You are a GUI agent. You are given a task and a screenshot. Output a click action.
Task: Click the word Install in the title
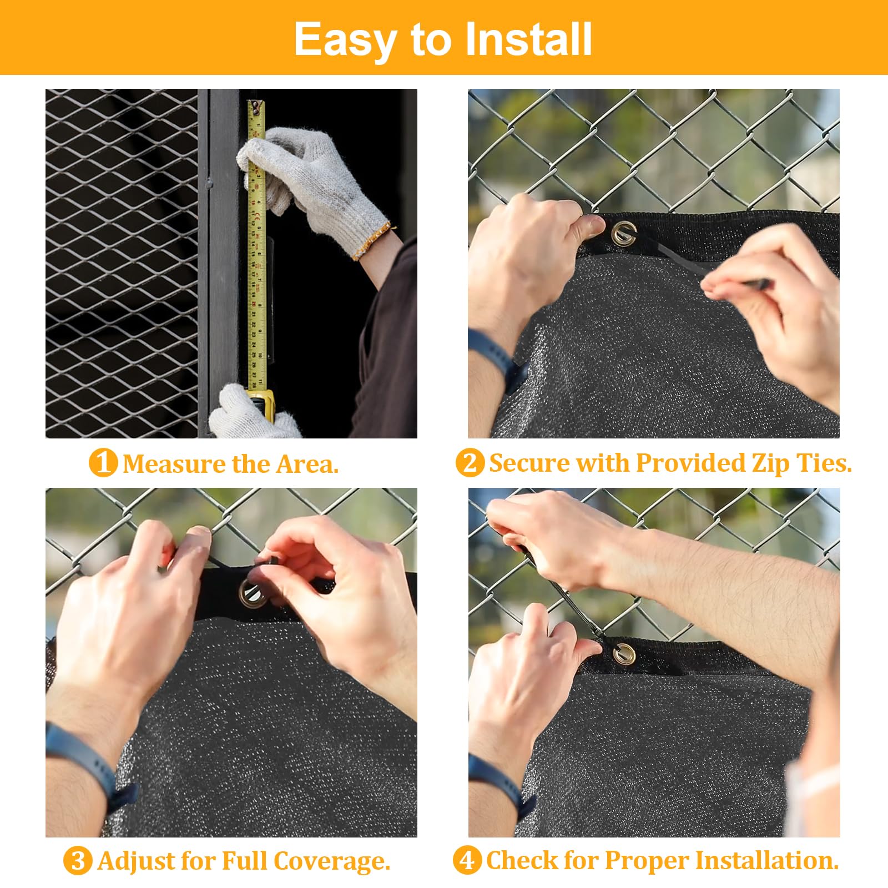point(528,39)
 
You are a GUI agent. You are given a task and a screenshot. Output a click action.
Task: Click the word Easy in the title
point(344,40)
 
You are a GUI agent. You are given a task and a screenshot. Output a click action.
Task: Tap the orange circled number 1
point(103,462)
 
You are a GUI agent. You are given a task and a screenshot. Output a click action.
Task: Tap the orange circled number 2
point(470,462)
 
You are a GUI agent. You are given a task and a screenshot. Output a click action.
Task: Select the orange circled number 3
point(77,861)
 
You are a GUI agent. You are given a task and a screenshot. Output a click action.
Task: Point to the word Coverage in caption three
point(331,861)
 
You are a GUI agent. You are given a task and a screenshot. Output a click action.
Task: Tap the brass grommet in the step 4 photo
point(624,653)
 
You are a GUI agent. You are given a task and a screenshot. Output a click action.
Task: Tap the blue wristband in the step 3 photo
point(89,760)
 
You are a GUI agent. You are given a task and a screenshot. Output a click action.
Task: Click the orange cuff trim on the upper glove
point(371,242)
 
